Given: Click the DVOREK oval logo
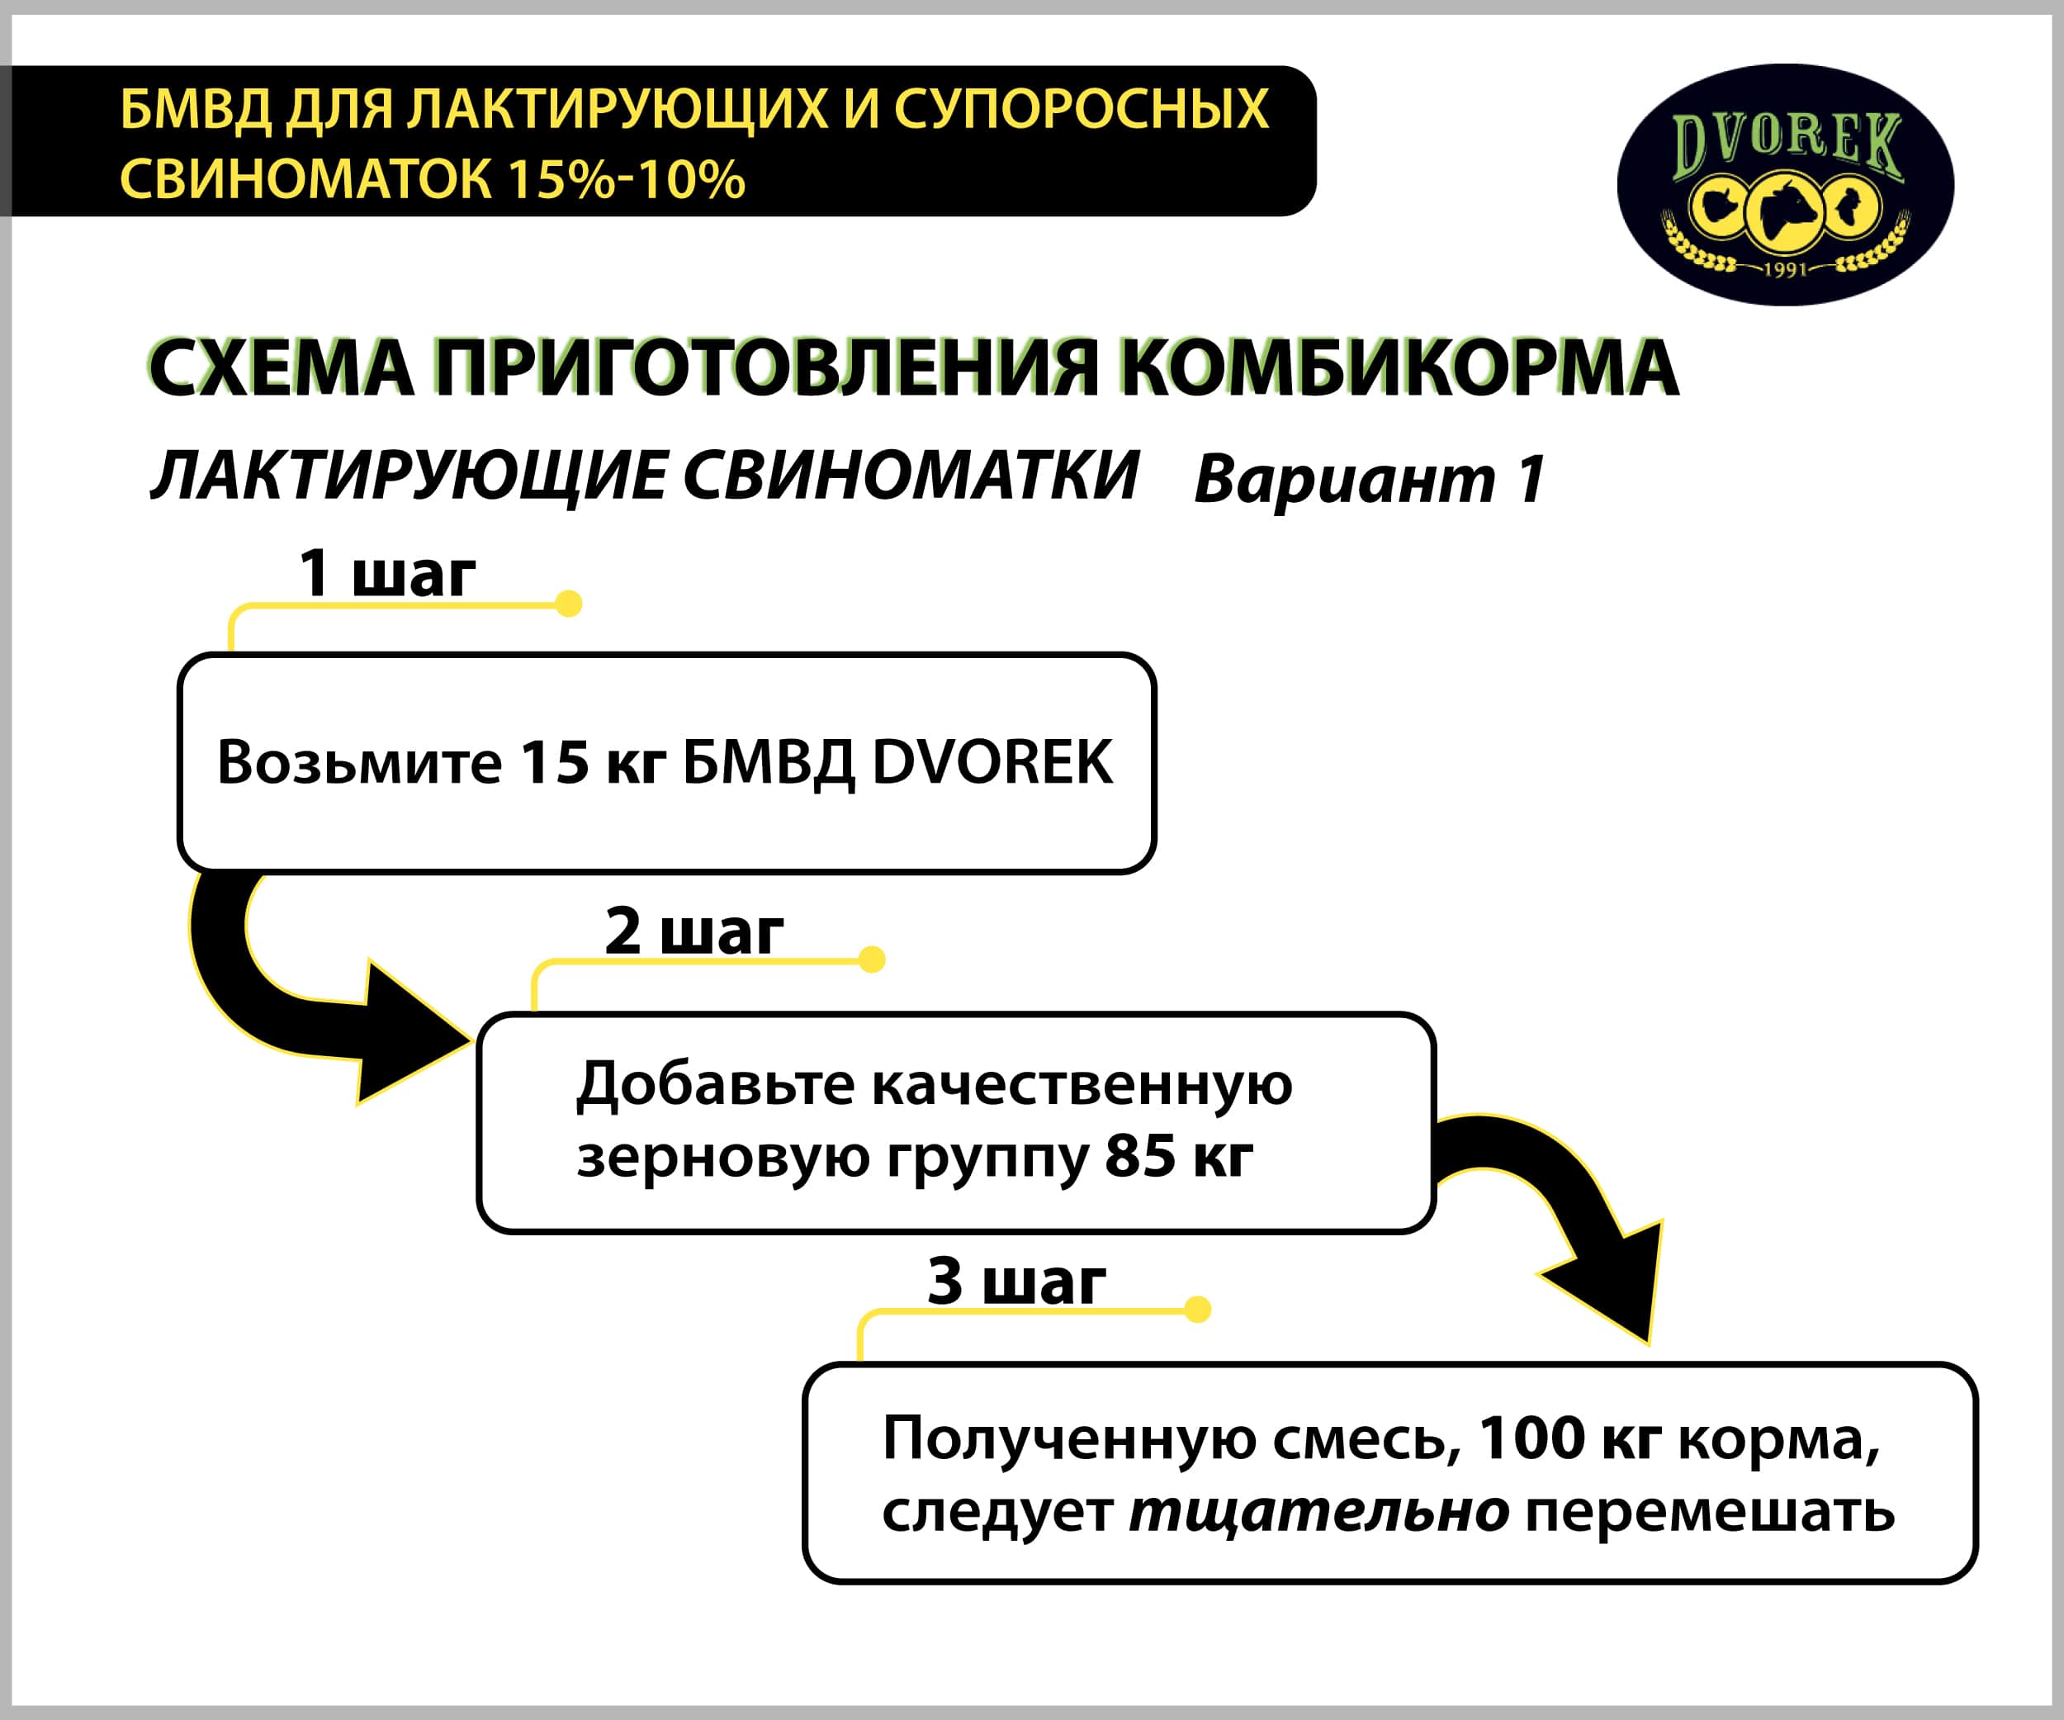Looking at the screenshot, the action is tap(1786, 185).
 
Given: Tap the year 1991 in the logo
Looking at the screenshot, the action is tap(1785, 269).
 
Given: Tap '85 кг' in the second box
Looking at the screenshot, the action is tap(1178, 1156).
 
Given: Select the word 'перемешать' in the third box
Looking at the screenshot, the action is tap(1710, 1513).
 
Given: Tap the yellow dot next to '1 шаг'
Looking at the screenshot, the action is tap(568, 604).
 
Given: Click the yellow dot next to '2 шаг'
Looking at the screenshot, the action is tap(872, 960).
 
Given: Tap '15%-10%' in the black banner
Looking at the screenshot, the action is tap(626, 179).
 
